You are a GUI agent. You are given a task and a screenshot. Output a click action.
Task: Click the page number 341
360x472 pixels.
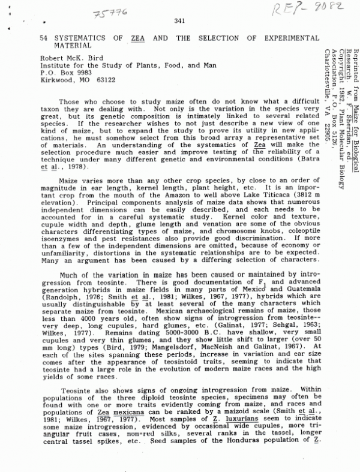pos(178,22)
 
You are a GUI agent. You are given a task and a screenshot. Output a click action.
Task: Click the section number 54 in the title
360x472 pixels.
pos(44,37)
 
